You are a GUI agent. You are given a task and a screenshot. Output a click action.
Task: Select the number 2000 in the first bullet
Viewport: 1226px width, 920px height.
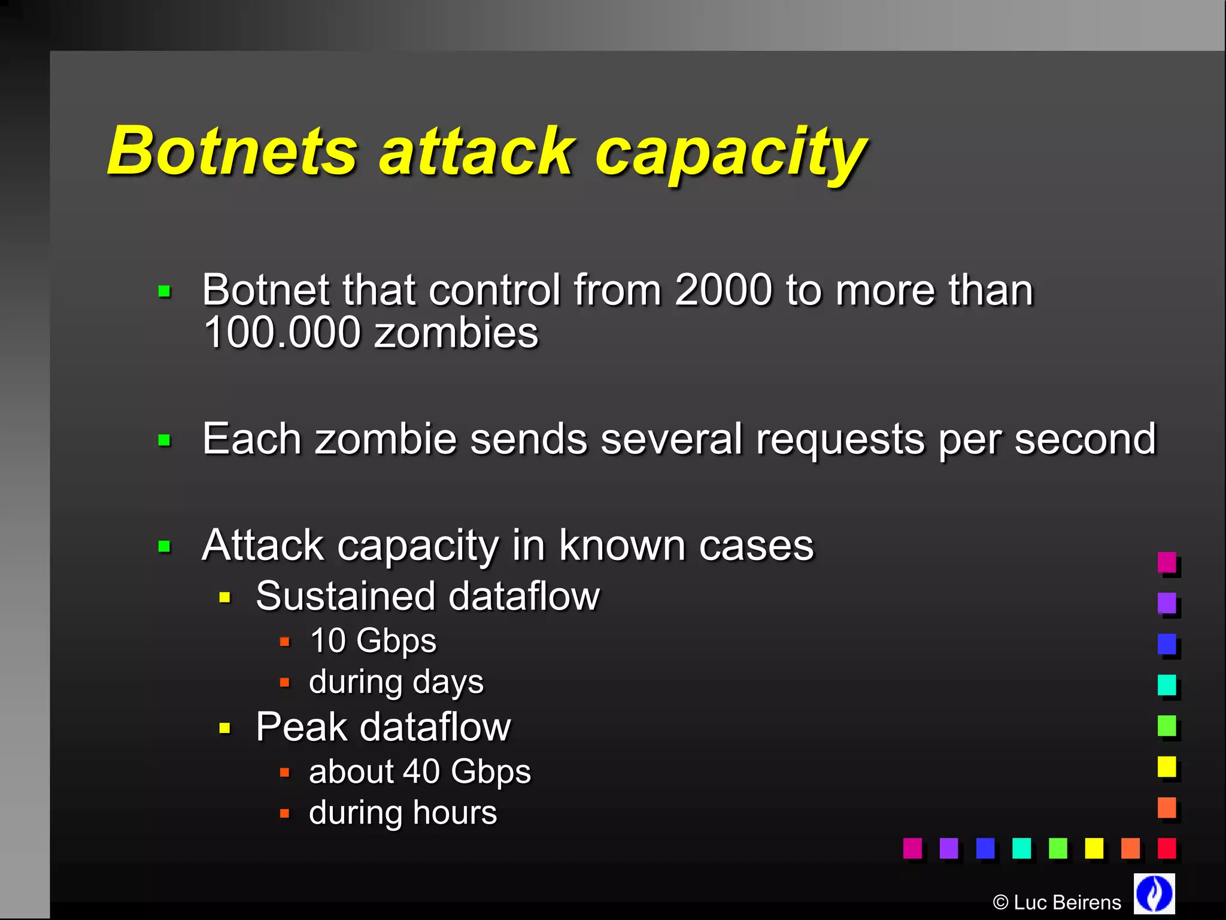(x=723, y=290)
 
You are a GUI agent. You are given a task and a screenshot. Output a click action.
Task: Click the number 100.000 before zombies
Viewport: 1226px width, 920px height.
(x=282, y=332)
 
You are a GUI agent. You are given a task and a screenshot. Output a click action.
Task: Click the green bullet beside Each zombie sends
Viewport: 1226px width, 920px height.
(x=165, y=441)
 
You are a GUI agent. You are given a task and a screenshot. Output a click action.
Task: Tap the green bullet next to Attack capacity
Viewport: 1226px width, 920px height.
(x=165, y=546)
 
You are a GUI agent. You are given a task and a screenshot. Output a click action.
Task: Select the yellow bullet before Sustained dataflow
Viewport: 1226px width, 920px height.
(x=225, y=597)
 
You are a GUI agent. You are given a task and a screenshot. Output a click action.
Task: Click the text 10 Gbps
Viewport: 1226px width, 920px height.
(x=373, y=640)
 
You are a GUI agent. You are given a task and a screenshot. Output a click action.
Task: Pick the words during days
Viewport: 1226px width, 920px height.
(x=396, y=682)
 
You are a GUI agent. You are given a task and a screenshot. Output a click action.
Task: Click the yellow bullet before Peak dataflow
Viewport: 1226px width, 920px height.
(x=225, y=728)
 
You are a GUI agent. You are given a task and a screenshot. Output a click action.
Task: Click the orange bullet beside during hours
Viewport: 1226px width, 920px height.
(x=285, y=813)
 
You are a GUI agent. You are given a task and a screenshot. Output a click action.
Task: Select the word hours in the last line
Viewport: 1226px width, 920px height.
(x=454, y=813)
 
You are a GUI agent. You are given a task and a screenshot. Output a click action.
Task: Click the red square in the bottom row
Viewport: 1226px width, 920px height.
(x=1166, y=848)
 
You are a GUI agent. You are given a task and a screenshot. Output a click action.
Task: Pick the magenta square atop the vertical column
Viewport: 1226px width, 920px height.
(x=1166, y=562)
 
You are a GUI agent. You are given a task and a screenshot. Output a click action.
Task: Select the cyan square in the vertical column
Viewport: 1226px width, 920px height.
(x=1166, y=685)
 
